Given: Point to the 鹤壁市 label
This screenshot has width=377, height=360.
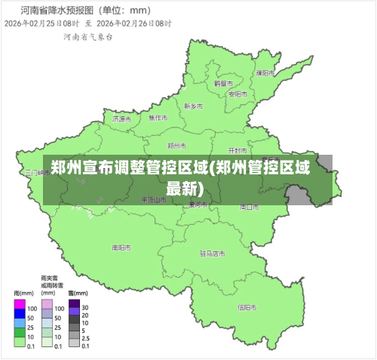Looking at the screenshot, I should click(x=222, y=83).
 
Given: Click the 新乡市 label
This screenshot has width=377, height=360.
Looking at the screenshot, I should click(x=194, y=106).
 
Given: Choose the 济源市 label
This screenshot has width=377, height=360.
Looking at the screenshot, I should click(x=121, y=118).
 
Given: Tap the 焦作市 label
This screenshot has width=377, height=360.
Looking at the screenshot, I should click(x=158, y=118).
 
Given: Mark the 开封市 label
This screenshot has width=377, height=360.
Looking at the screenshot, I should click(x=238, y=150).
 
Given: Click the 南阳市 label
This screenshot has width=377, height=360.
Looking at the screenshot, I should click(x=121, y=247).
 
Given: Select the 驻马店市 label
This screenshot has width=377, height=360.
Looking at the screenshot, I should click(x=213, y=254).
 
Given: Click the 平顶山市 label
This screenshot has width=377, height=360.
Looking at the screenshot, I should click(x=153, y=199).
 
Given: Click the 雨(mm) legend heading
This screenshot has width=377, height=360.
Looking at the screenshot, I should click(x=23, y=292).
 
